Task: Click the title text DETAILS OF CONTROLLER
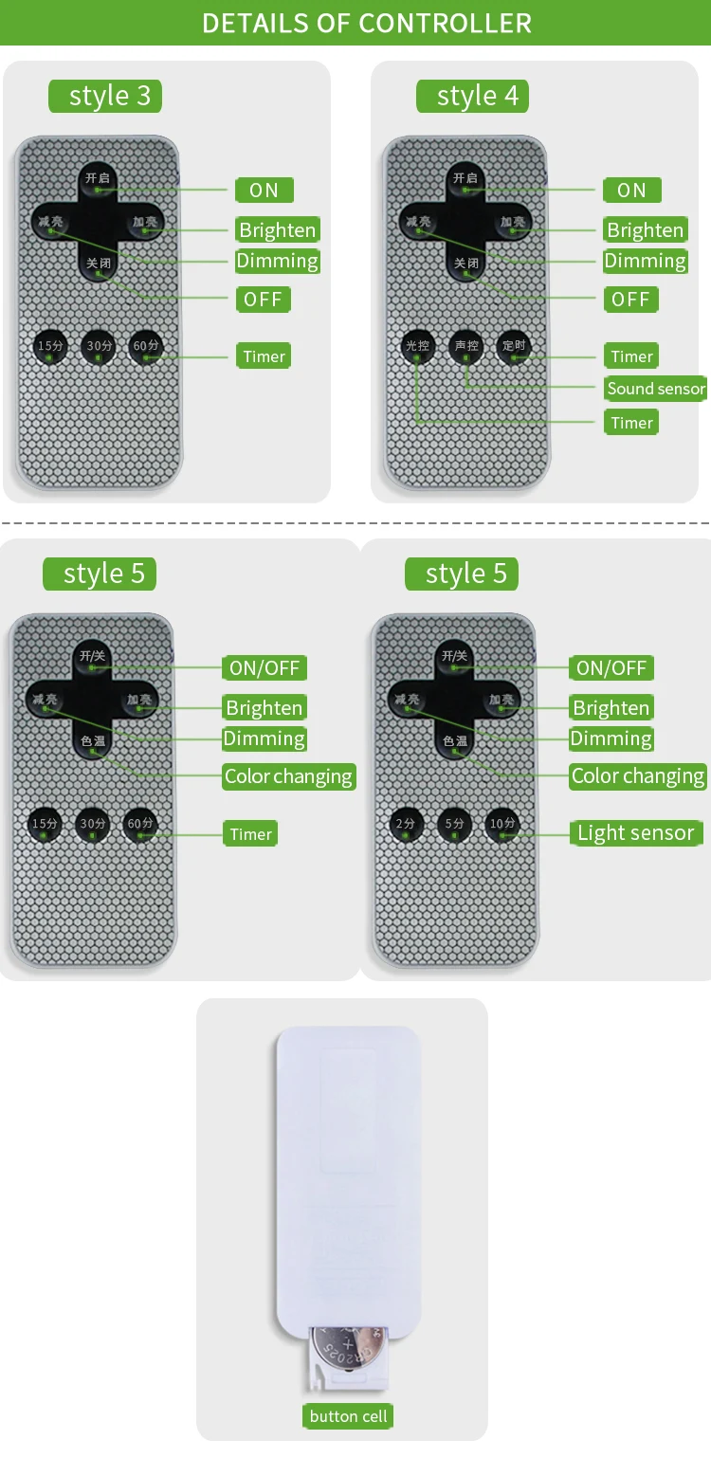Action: pyautogui.click(x=367, y=23)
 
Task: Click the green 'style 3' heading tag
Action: pyautogui.click(x=105, y=96)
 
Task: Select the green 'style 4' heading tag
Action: pyautogui.click(x=472, y=96)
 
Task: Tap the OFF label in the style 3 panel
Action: pyautogui.click(x=263, y=300)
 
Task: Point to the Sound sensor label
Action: pyautogui.click(x=656, y=388)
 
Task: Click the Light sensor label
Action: pyautogui.click(x=636, y=833)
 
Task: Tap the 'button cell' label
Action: pyautogui.click(x=349, y=1416)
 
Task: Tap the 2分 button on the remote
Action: pyautogui.click(x=406, y=823)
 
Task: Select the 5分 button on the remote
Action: pyautogui.click(x=455, y=823)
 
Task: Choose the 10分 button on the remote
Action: pyautogui.click(x=502, y=823)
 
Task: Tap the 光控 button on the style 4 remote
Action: pyautogui.click(x=417, y=345)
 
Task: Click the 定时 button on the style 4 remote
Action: pyautogui.click(x=514, y=345)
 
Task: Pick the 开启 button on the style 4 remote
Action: pyautogui.click(x=465, y=179)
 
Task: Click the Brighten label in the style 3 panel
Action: pyautogui.click(x=277, y=229)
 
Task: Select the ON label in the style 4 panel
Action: pyautogui.click(x=631, y=190)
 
